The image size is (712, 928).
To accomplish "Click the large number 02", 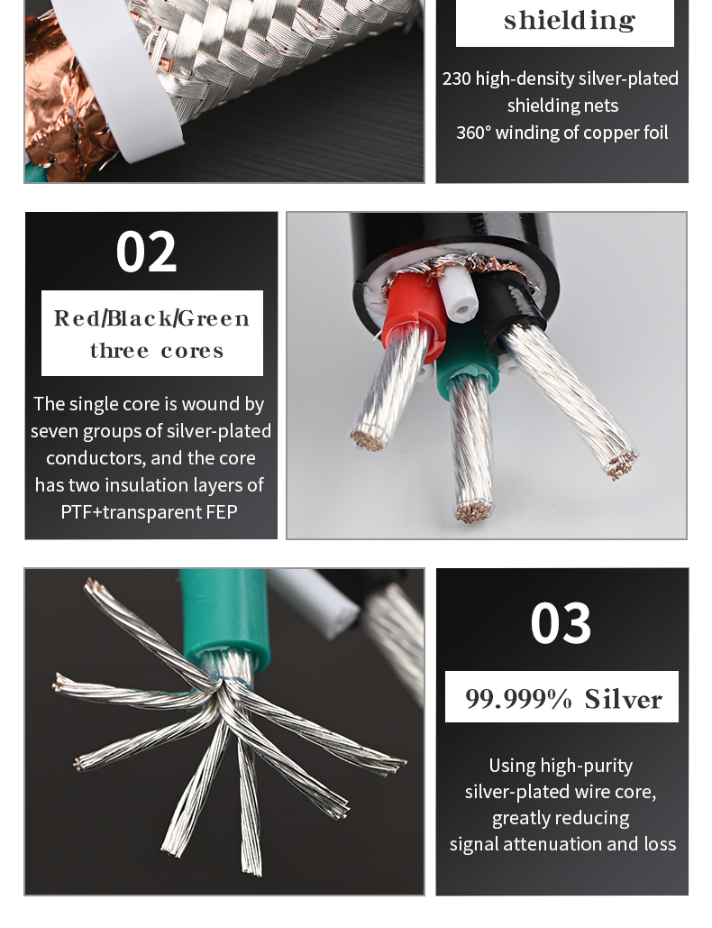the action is click(146, 253).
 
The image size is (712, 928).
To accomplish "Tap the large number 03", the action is click(561, 624).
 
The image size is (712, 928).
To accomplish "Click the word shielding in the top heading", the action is click(570, 21).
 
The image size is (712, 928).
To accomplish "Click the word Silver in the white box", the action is click(624, 699).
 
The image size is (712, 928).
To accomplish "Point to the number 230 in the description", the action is click(457, 78).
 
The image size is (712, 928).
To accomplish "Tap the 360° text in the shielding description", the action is click(474, 133).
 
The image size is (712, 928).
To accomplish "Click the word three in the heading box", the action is click(119, 350).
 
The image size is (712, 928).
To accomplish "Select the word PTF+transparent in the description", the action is click(131, 512).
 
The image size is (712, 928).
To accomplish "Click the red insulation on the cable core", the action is click(411, 308).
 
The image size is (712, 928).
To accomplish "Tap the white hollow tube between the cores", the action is click(457, 294).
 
